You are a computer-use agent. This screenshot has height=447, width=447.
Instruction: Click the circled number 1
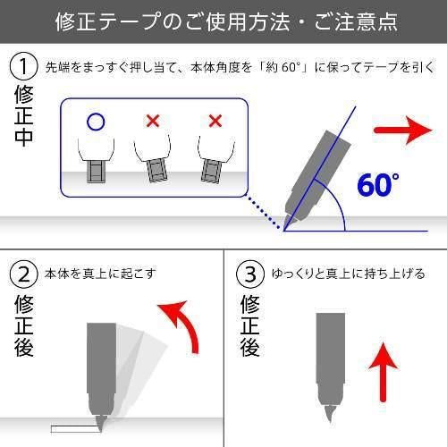pyautogui.click(x=23, y=67)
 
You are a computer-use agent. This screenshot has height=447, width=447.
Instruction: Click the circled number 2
pyautogui.click(x=23, y=274)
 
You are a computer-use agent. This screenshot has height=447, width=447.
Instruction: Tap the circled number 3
pyautogui.click(x=250, y=274)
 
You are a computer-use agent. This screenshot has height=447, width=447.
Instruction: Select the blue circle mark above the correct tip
pyautogui.click(x=96, y=122)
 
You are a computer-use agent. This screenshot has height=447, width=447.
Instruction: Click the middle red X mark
pyautogui.click(x=153, y=121)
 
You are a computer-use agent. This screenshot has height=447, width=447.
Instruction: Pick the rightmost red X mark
pyautogui.click(x=215, y=121)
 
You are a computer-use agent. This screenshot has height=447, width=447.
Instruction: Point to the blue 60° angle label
pyautogui.click(x=378, y=185)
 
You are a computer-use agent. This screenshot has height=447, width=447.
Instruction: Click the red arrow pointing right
pyautogui.click(x=403, y=131)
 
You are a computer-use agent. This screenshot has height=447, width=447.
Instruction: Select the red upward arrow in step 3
pyautogui.click(x=384, y=373)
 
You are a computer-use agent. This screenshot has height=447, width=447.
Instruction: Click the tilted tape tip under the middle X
pyautogui.click(x=157, y=172)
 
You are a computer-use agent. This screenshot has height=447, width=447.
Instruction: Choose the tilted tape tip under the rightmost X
pyautogui.click(x=211, y=171)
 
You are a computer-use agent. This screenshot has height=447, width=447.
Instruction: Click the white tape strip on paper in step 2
pyautogui.click(x=74, y=429)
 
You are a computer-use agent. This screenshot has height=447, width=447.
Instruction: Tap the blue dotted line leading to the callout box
pyautogui.click(x=264, y=213)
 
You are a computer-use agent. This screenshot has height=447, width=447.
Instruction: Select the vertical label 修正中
pyautogui.click(x=23, y=116)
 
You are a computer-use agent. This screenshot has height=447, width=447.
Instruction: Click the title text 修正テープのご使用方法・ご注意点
pyautogui.click(x=226, y=21)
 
